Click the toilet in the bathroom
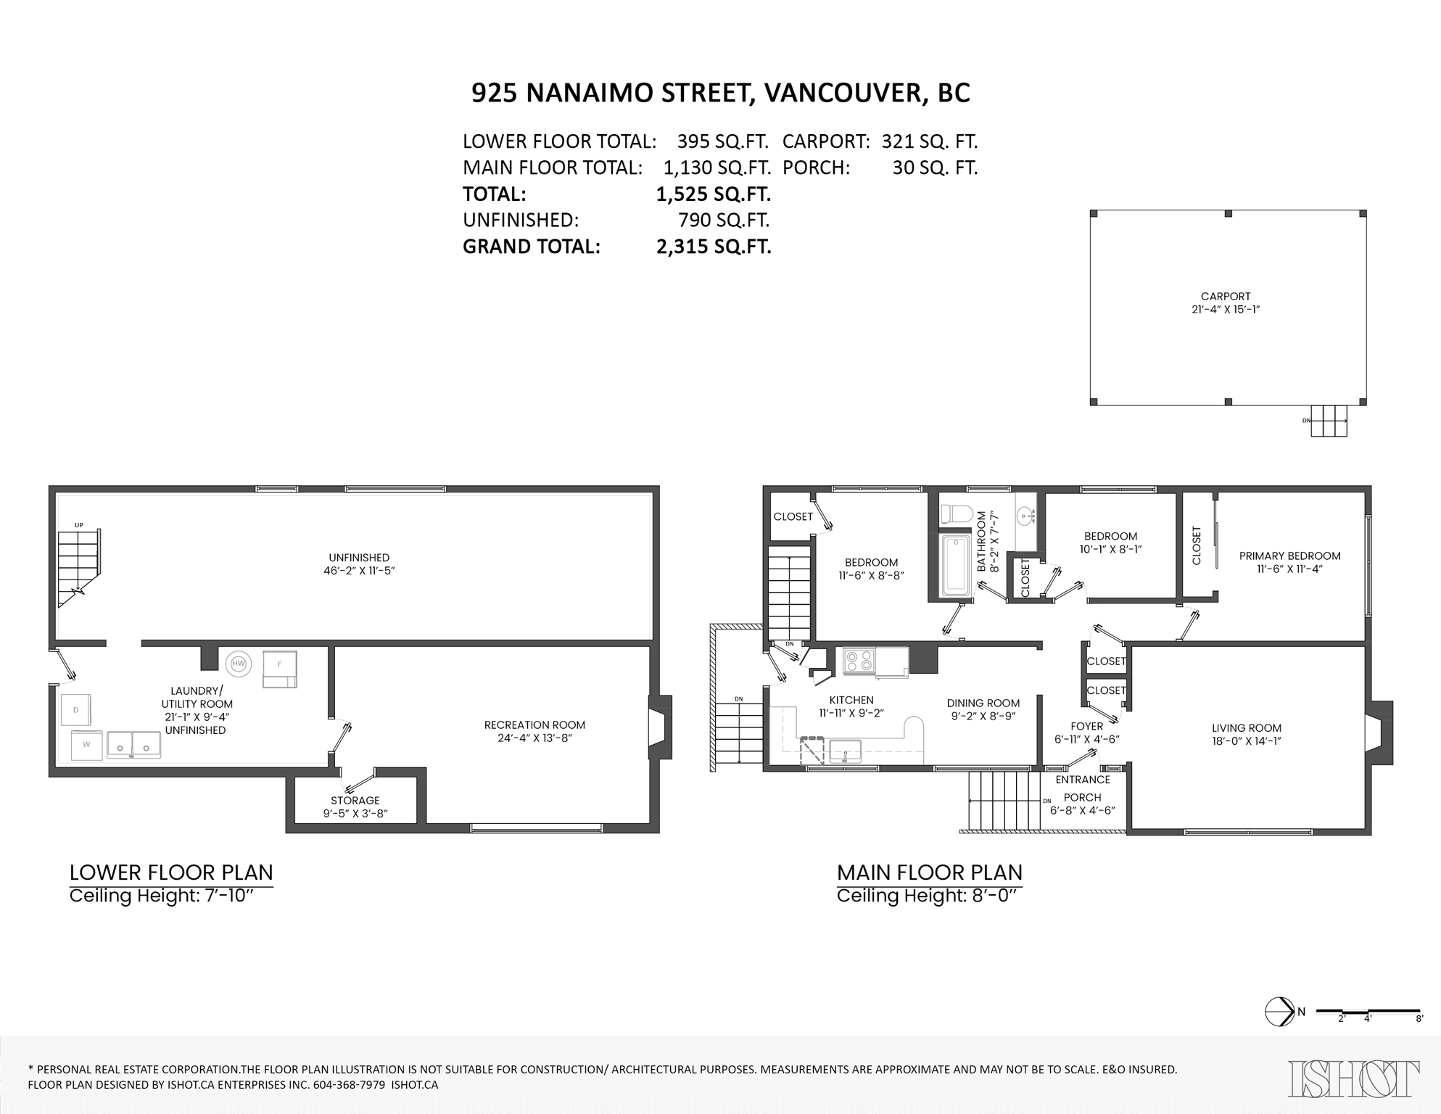[x=957, y=514]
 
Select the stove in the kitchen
[x=860, y=661]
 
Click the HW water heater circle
[x=238, y=663]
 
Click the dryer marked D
[x=75, y=710]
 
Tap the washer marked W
[x=86, y=745]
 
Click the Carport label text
[x=1225, y=296]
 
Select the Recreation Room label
[x=534, y=725]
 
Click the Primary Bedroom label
[x=1289, y=556]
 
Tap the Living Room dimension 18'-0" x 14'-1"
[x=1246, y=741]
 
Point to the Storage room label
[x=355, y=801]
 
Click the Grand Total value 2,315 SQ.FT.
[x=713, y=247]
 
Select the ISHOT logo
[x=1353, y=1079]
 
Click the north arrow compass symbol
[x=1280, y=1012]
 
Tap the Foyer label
[x=1086, y=726]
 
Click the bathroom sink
[x=1025, y=516]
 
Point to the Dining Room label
[x=983, y=703]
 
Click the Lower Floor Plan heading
[x=171, y=872]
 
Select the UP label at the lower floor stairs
[x=78, y=525]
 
